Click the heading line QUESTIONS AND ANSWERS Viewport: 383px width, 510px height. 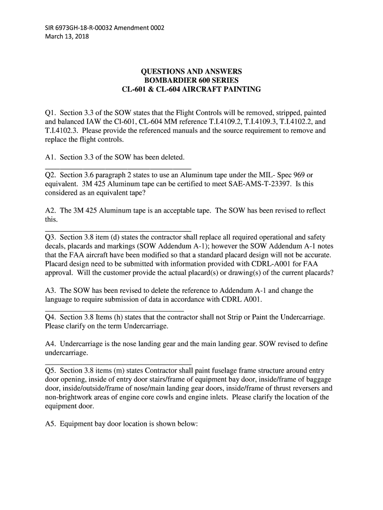191,72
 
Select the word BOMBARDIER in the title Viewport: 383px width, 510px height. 167,81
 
